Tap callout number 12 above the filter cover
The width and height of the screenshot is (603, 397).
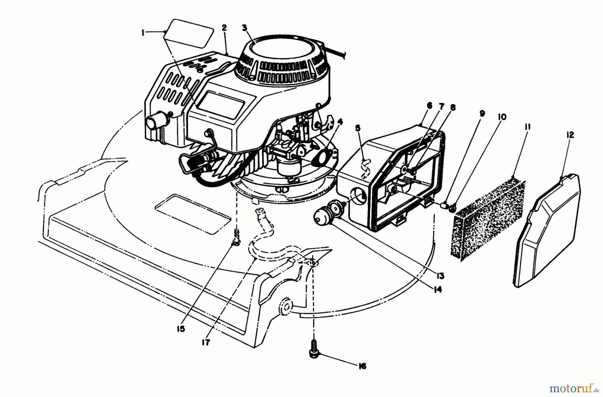(x=570, y=135)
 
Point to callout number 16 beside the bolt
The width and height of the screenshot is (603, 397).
(x=362, y=366)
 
